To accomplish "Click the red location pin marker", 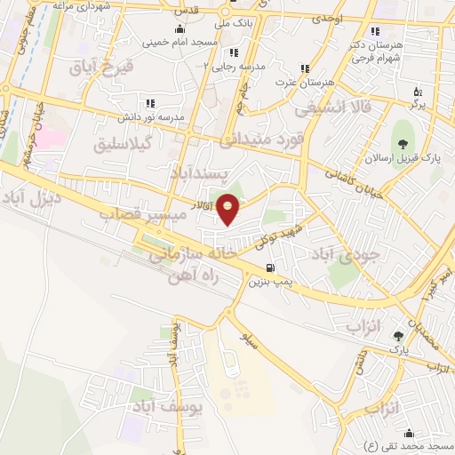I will point(228,209).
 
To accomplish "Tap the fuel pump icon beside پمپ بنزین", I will point(270,267).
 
